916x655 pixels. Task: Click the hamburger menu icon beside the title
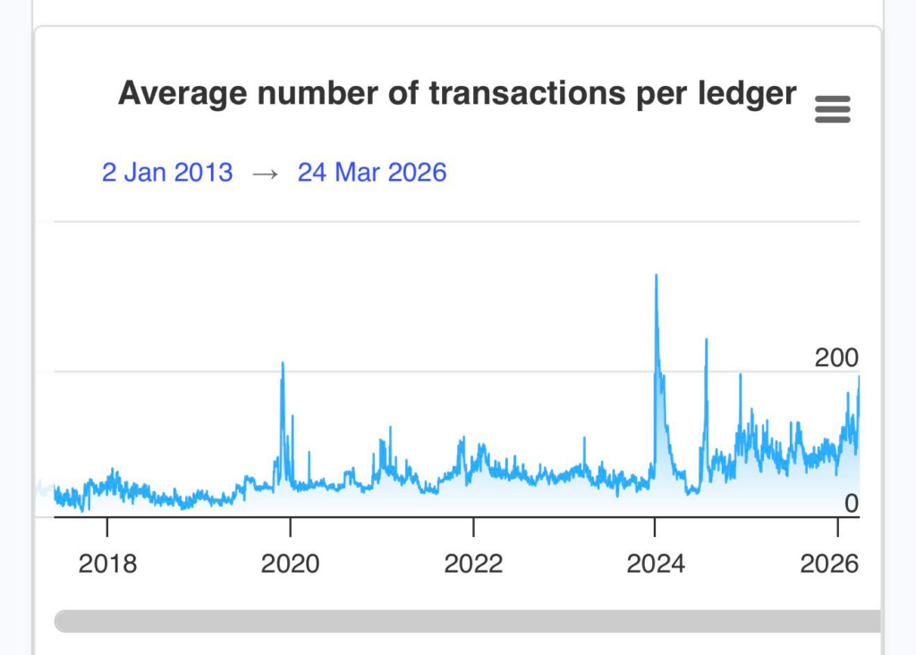click(x=833, y=110)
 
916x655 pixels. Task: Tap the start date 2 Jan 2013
click(x=167, y=172)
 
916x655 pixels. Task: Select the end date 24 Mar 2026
click(x=372, y=172)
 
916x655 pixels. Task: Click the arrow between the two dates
click(x=265, y=173)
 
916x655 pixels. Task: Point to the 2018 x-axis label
click(x=107, y=564)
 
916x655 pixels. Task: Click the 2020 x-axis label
click(x=290, y=564)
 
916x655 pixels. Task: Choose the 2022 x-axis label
click(x=473, y=564)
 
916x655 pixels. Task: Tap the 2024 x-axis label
click(x=656, y=564)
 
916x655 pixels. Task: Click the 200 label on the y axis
click(x=835, y=358)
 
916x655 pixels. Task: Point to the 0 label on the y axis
click(x=851, y=504)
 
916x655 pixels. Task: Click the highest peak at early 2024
click(x=657, y=276)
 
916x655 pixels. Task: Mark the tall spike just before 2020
click(x=283, y=363)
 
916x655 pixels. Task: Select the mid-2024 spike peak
click(x=706, y=340)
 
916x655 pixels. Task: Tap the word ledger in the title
click(x=749, y=93)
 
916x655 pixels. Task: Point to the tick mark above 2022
click(x=473, y=526)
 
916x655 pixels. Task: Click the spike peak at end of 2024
click(x=740, y=375)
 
